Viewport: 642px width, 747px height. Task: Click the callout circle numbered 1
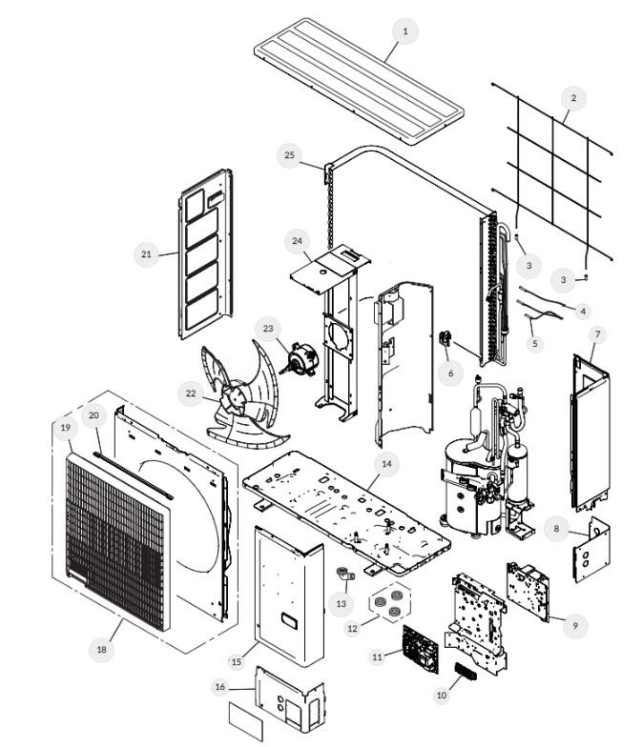click(x=404, y=31)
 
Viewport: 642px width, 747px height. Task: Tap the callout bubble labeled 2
click(x=573, y=97)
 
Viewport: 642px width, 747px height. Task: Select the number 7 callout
click(x=597, y=334)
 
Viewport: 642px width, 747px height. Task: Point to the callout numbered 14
click(x=386, y=464)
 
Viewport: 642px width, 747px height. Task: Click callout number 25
click(x=290, y=154)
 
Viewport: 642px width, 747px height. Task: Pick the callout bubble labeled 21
click(x=146, y=254)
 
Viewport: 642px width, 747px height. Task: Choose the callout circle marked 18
click(x=101, y=649)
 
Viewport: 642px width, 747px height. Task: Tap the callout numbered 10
click(x=441, y=696)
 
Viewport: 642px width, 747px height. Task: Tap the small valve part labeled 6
click(x=445, y=339)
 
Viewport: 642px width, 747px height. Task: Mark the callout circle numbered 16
click(x=219, y=687)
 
